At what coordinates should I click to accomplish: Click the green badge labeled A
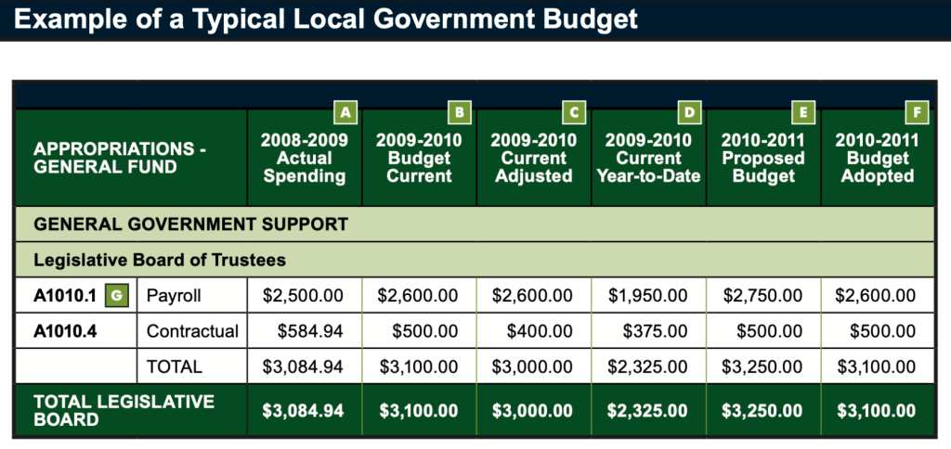pos(345,113)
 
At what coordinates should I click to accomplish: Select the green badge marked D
pos(689,113)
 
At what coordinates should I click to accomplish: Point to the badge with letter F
pos(918,113)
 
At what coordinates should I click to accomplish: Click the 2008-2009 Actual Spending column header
pos(305,158)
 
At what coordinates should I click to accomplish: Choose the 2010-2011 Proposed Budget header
pos(762,158)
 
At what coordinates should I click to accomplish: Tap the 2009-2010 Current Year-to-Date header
pos(648,158)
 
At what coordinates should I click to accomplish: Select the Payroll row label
pos(174,296)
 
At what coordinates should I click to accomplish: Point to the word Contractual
pos(192,331)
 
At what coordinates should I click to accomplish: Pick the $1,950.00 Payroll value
pos(648,296)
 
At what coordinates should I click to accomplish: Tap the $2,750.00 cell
pos(762,296)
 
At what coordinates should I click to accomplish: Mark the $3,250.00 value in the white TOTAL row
pos(762,366)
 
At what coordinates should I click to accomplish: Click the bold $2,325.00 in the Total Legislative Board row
pos(648,410)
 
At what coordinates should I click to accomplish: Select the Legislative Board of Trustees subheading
pos(159,260)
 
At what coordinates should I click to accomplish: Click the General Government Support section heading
pos(190,224)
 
